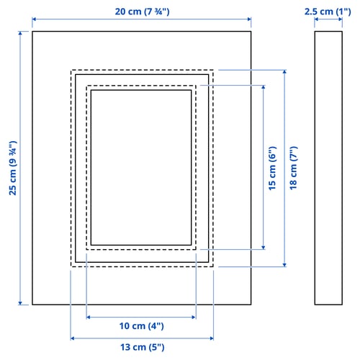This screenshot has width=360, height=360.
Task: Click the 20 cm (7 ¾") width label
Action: coord(142,12)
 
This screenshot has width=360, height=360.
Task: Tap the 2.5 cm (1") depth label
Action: coord(328,12)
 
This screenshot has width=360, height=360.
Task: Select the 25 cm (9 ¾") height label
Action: coord(13,168)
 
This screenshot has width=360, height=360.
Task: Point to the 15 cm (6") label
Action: coord(272,168)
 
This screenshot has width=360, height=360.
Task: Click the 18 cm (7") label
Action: coord(293,168)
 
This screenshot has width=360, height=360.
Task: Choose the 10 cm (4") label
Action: coord(142,326)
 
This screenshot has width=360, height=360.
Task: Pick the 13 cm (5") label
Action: coord(143,347)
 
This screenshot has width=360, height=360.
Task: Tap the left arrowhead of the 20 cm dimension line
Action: coord(34,19)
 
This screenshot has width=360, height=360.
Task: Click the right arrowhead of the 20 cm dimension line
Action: coord(249,19)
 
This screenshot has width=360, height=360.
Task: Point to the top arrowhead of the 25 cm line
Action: coord(20,33)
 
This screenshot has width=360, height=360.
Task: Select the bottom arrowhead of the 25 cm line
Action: coord(20,303)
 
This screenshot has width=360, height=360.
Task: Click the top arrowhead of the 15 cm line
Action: coord(264,87)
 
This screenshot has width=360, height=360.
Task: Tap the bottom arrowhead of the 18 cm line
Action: coord(284,264)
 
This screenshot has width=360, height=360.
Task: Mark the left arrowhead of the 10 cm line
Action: coord(89,318)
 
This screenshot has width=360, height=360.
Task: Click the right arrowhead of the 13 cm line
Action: coord(212,338)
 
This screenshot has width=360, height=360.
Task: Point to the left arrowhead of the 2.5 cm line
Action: coord(316,19)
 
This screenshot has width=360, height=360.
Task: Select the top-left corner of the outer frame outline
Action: coord(32,31)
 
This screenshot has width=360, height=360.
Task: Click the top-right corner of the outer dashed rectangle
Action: coord(213,70)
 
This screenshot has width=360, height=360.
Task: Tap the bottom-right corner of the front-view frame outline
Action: coord(251,305)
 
